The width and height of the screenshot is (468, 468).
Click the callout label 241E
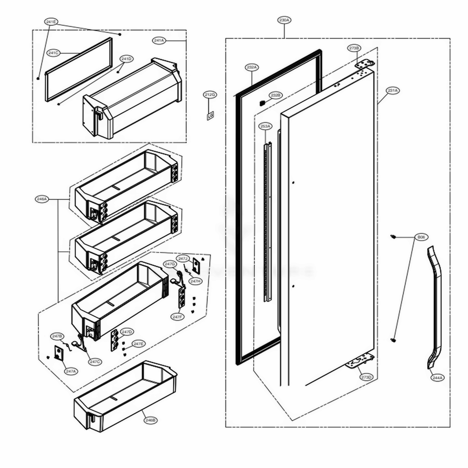point(51,22)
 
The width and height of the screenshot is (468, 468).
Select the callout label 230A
point(284,21)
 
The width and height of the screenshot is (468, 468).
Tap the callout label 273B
point(354,48)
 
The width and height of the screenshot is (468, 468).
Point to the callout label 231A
point(392,90)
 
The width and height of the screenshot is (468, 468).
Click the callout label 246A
point(42,199)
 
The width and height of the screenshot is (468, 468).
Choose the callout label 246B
point(150,420)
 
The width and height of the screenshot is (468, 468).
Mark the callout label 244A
point(437,377)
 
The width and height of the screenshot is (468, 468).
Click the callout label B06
point(421,238)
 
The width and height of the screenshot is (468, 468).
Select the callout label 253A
point(265,126)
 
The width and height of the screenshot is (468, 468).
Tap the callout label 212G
point(210,95)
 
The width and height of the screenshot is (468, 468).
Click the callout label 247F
point(176,317)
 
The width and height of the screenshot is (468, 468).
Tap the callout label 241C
point(53,53)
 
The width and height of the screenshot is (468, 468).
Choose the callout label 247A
point(71,371)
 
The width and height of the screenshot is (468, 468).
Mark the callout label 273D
point(366,377)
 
